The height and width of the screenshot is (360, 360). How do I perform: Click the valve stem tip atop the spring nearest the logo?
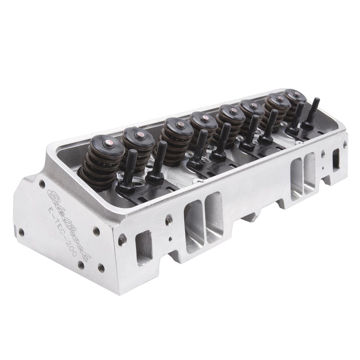108,143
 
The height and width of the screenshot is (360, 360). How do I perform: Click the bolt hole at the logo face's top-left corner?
41,184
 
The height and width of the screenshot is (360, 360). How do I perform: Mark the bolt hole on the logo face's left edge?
20,233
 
